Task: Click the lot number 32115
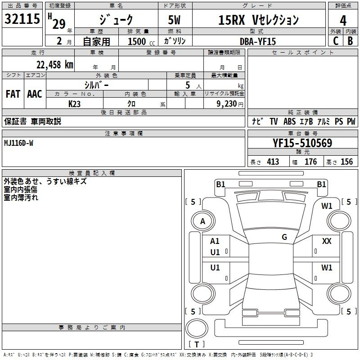tap(22, 19)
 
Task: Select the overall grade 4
tap(343, 20)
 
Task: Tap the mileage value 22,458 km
tap(55, 65)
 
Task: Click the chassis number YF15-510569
tap(302, 143)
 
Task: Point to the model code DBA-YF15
tap(258, 41)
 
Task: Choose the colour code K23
tap(74, 104)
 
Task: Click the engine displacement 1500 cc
tap(141, 41)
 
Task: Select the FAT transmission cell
tap(13, 94)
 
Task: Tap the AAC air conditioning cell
tap(35, 94)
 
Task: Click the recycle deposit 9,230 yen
tap(230, 104)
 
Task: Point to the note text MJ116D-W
tap(18, 143)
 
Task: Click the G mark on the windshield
tap(284, 237)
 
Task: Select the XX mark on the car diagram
tap(327, 241)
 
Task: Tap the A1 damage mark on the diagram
tap(215, 241)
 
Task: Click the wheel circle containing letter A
tap(203, 221)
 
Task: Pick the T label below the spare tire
tap(197, 344)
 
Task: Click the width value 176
tap(310, 162)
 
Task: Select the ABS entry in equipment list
tap(289, 121)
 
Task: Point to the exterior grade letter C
tap(336, 41)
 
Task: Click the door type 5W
tap(174, 20)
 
